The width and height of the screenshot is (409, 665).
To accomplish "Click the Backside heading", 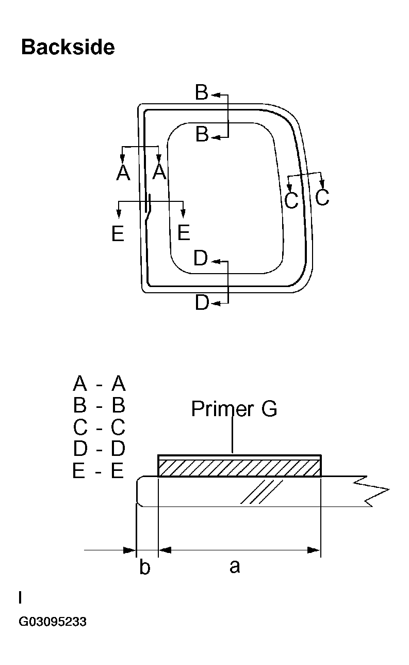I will tap(68, 47).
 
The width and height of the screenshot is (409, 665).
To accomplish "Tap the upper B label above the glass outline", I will tap(202, 93).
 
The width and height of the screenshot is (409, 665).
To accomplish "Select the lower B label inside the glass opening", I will tap(202, 135).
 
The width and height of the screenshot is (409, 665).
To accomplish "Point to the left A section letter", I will tap(123, 172).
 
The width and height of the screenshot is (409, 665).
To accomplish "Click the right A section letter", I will tap(159, 171).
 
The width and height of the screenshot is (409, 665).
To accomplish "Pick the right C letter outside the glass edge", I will tap(322, 197).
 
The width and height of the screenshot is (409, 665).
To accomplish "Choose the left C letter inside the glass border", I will tap(291, 200).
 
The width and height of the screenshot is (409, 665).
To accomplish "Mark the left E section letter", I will tap(118, 234).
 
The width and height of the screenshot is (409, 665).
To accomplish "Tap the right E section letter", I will tap(184, 233).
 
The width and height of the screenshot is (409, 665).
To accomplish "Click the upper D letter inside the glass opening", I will tap(201, 259).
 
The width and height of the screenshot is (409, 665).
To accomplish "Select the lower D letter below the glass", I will tap(202, 303).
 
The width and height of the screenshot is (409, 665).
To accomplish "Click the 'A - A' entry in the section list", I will tap(99, 384).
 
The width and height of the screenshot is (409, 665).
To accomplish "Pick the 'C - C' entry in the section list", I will tap(99, 427).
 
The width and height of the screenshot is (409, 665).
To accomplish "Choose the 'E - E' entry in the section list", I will tap(99, 471).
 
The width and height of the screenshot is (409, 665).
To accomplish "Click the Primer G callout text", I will tap(234, 409).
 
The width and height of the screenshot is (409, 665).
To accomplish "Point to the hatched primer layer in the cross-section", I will tap(239, 468).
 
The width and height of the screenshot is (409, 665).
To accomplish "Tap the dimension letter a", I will tap(235, 566).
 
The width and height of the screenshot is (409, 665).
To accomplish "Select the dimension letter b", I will tap(145, 567).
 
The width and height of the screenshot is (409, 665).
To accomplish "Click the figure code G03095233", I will tap(53, 622).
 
